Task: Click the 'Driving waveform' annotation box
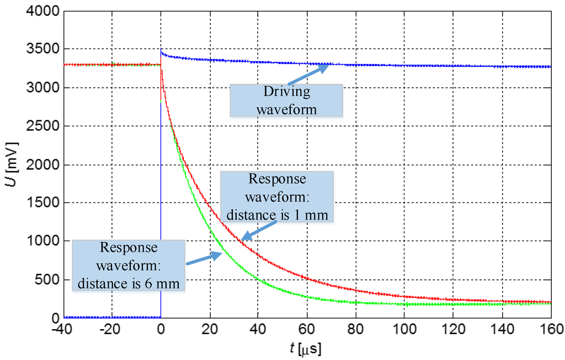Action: [286, 100]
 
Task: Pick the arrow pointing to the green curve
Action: [205, 258]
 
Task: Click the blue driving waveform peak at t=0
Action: [161, 51]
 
